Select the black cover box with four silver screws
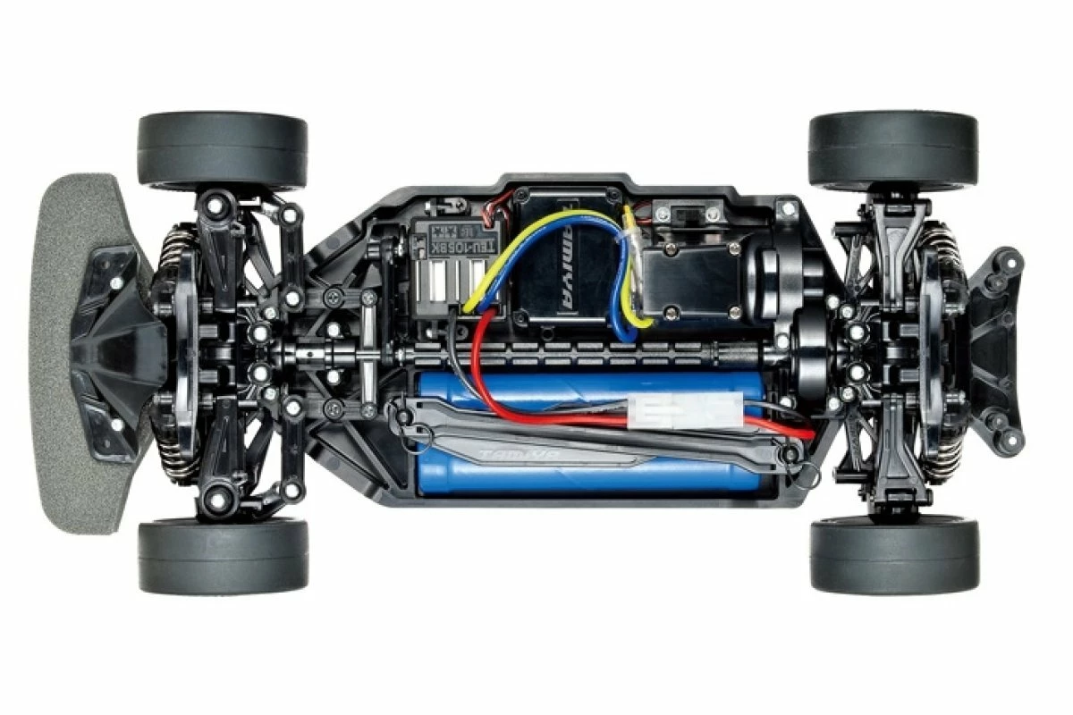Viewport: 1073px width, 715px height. [686, 282]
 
